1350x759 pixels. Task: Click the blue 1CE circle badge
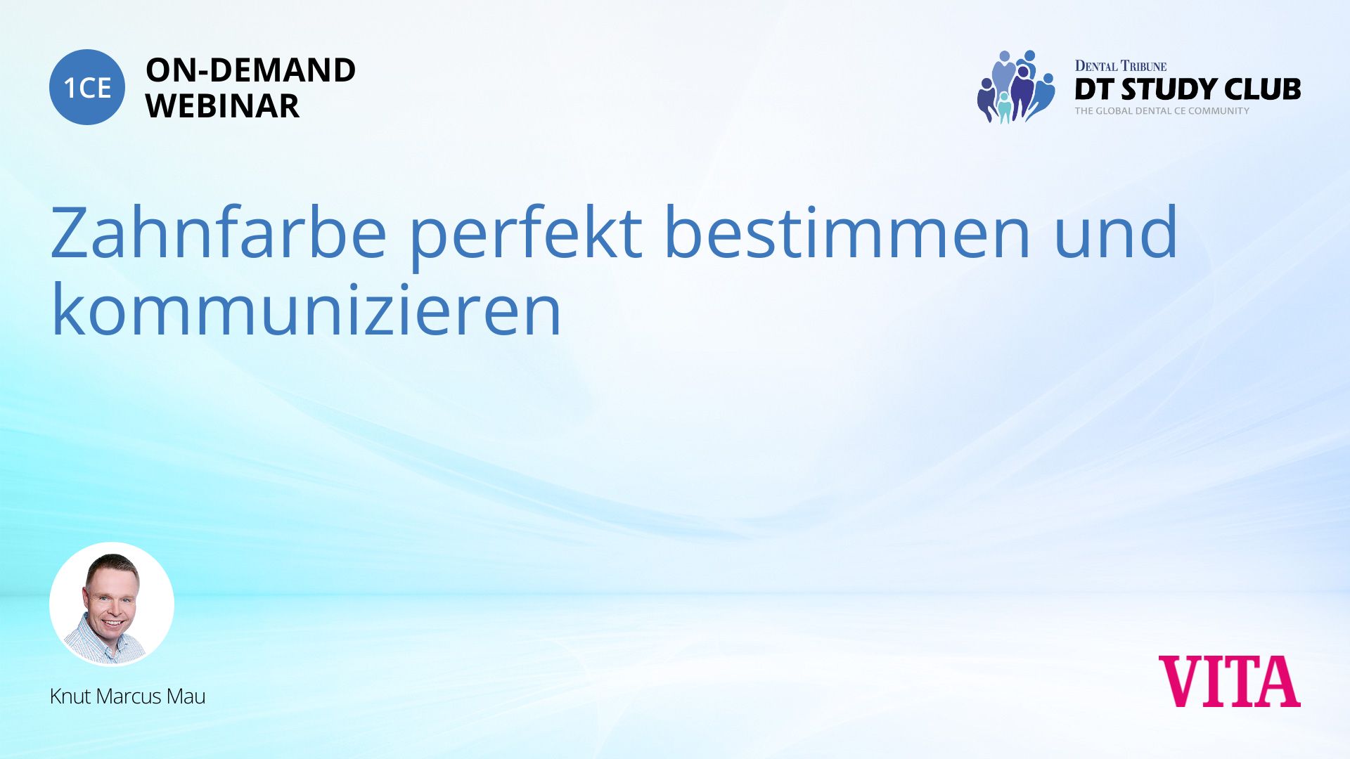[x=87, y=87]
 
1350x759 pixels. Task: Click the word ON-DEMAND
[x=250, y=70]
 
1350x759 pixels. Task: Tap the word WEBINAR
[x=222, y=106]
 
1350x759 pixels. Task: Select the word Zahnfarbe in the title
[x=219, y=231]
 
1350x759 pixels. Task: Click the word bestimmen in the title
[x=847, y=231]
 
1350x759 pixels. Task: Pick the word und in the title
[x=1116, y=231]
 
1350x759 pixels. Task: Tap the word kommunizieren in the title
[x=307, y=309]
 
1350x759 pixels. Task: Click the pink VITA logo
[x=1229, y=681]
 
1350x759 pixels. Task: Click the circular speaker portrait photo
[x=112, y=604]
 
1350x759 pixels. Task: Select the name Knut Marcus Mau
[x=127, y=696]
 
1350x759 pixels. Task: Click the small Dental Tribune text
[x=1120, y=66]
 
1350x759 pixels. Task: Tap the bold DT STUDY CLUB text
[x=1188, y=89]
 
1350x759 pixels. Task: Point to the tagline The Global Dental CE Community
[x=1162, y=111]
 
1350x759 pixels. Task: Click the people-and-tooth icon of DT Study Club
[x=1016, y=86]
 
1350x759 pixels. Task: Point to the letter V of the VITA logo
[x=1182, y=681]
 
